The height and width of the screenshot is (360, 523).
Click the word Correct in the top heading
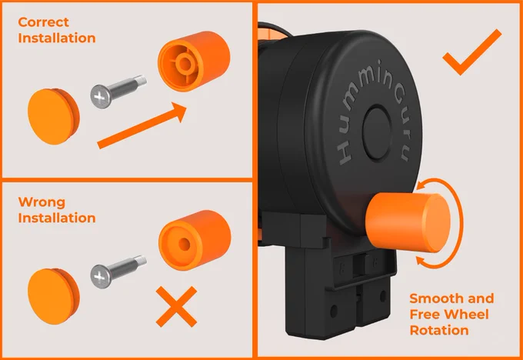[43, 22]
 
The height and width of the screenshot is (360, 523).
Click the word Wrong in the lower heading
[42, 202]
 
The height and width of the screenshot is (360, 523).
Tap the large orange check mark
[472, 52]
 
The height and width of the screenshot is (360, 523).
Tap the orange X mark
[176, 307]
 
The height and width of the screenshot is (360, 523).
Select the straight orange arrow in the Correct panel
[142, 125]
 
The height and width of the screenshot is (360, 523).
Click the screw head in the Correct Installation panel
[101, 97]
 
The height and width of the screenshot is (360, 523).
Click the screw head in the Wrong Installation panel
[101, 276]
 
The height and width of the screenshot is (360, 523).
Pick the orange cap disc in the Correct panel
[53, 116]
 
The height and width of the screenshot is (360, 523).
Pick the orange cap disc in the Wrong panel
[53, 296]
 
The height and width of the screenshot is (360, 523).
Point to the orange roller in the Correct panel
[194, 62]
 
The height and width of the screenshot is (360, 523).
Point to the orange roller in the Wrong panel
[195, 241]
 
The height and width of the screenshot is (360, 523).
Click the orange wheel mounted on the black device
[408, 222]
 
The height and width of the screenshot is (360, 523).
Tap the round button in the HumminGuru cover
[377, 132]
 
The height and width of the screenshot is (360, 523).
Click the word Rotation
[439, 330]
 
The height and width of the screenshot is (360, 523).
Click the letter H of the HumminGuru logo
[344, 155]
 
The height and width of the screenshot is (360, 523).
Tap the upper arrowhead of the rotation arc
[422, 184]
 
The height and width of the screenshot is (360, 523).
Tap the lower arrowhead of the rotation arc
[421, 262]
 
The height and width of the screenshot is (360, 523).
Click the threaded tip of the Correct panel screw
[142, 81]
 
